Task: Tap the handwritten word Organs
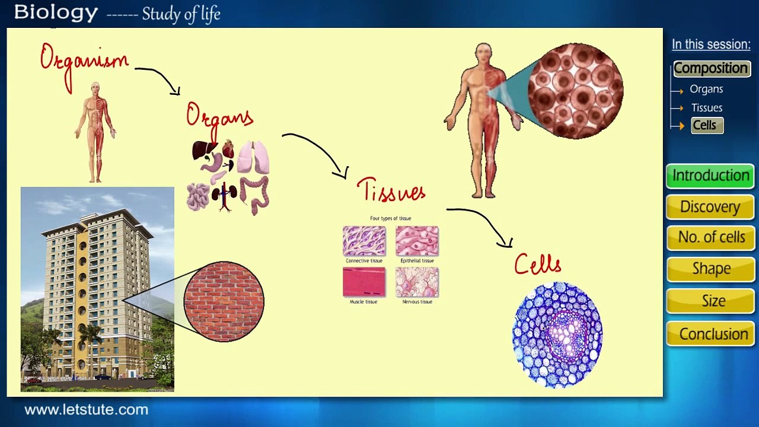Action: tap(219, 116)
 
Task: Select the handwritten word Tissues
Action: tap(391, 190)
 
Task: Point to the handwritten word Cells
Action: tap(537, 264)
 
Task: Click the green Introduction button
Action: tap(710, 176)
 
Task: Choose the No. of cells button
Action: tap(710, 237)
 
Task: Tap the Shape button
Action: tap(710, 269)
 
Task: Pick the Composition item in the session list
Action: tap(710, 68)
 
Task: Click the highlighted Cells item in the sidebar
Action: tap(705, 125)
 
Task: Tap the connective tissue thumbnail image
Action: tap(364, 241)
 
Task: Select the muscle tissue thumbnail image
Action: tap(364, 282)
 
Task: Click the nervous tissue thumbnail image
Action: tap(417, 282)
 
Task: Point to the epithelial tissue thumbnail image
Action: tap(417, 241)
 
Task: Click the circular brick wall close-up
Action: tap(224, 301)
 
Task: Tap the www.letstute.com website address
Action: tap(86, 410)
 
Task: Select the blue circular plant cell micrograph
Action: tap(557, 335)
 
